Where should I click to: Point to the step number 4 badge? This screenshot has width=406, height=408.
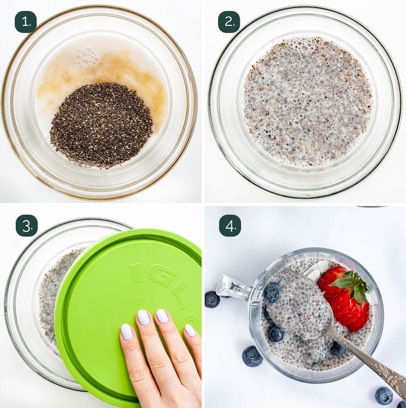229,225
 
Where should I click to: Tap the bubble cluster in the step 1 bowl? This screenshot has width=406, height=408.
87,57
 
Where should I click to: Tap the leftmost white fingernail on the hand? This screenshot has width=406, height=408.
127,332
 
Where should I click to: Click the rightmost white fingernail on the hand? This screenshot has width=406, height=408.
190,330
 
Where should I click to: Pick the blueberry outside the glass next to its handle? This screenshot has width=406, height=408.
212,299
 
